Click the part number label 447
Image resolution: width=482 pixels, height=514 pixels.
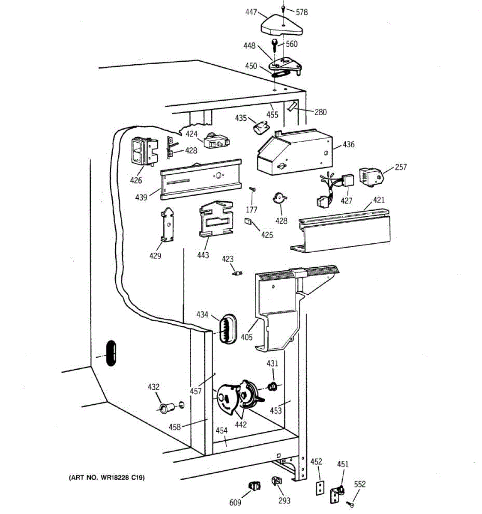(251, 12)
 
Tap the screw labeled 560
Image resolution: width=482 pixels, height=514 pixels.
(274, 44)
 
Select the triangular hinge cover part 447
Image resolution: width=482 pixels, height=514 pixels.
(282, 27)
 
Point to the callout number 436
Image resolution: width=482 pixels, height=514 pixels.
(348, 144)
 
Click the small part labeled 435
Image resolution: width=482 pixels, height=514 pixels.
(260, 127)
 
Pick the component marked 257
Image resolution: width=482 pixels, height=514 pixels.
(371, 177)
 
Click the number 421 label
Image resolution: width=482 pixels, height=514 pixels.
(379, 200)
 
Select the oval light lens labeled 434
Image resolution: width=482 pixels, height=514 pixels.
(228, 328)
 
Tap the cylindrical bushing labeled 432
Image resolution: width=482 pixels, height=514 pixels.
(165, 407)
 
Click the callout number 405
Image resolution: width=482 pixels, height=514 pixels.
(247, 337)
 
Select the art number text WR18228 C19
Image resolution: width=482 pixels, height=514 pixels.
(107, 477)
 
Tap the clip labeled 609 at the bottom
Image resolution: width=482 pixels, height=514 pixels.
(255, 486)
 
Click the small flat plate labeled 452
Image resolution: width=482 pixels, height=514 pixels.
(319, 488)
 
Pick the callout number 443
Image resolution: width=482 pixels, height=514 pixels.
(203, 255)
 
